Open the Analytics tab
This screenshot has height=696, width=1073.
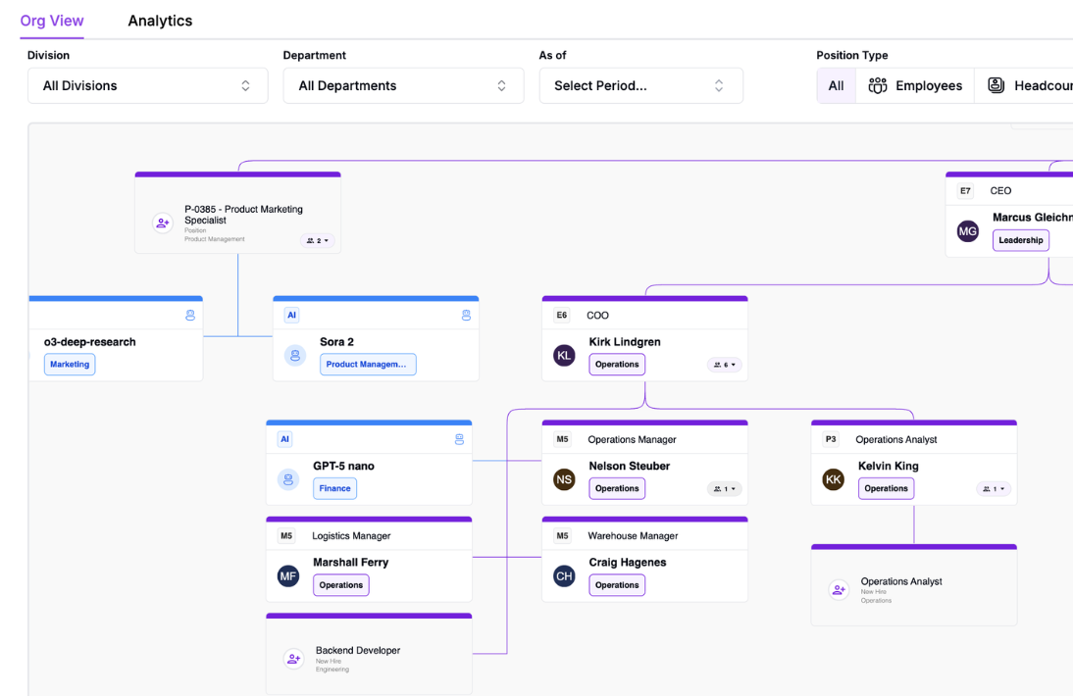pyautogui.click(x=160, y=21)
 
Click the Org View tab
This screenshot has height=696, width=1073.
pyautogui.click(x=52, y=21)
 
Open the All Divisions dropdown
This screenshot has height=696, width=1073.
pyautogui.click(x=147, y=85)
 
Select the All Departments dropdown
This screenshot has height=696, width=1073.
pyautogui.click(x=403, y=85)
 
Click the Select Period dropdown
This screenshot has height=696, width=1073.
pyautogui.click(x=640, y=85)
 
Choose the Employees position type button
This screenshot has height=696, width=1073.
pyautogui.click(x=915, y=85)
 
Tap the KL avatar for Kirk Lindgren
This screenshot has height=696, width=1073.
pyautogui.click(x=564, y=355)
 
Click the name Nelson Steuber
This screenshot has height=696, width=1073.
pyautogui.click(x=629, y=466)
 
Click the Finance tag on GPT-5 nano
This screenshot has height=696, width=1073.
pyautogui.click(x=335, y=488)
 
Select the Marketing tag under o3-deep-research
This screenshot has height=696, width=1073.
pyautogui.click(x=70, y=364)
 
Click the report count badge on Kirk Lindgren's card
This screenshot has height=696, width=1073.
pyautogui.click(x=725, y=365)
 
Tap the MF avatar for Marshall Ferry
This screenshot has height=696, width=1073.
pyautogui.click(x=287, y=575)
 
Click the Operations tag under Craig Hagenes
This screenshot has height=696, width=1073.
pyautogui.click(x=616, y=585)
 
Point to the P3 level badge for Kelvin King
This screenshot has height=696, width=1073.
pyautogui.click(x=831, y=439)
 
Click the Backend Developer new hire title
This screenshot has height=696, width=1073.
pyautogui.click(x=357, y=650)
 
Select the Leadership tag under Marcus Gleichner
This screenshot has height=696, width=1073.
pyautogui.click(x=1020, y=240)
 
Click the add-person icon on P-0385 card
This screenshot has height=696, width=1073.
pyautogui.click(x=163, y=224)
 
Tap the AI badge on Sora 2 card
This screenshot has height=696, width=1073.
pyautogui.click(x=291, y=315)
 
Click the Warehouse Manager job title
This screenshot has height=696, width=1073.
pyautogui.click(x=633, y=536)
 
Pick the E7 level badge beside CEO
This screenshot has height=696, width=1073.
pyautogui.click(x=965, y=190)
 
